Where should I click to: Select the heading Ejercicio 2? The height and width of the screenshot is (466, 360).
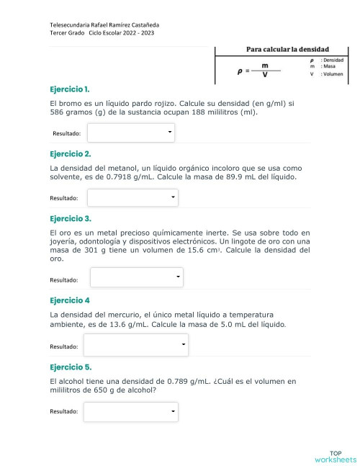tap(70, 153)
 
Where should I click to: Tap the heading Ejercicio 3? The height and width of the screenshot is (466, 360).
tap(70, 218)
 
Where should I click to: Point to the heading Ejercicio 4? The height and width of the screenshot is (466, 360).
tap(69, 300)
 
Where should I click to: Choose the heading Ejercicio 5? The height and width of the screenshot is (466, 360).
tap(70, 367)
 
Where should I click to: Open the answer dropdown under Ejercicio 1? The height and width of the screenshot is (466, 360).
tap(131, 133)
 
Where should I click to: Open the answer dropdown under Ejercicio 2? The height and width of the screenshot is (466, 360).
tap(132, 197)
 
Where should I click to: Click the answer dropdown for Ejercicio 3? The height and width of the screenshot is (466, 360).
tap(137, 278)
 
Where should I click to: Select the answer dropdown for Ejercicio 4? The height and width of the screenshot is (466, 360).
tap(136, 346)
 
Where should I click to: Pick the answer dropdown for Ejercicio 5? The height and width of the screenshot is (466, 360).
tap(130, 411)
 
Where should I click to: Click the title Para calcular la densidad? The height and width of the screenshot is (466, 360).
tap(283, 49)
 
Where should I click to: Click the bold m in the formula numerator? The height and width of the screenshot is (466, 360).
tap(266, 65)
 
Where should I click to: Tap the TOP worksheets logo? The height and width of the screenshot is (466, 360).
tap(335, 456)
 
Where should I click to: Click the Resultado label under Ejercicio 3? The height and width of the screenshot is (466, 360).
tap(65, 279)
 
